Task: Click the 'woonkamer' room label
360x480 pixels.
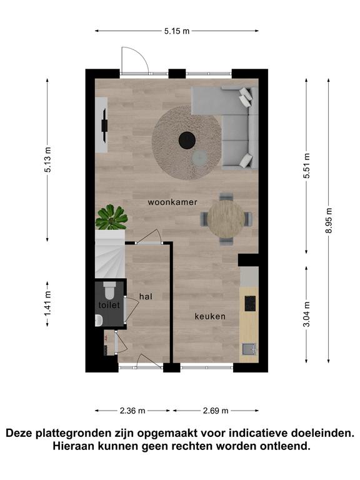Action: click(x=172, y=202)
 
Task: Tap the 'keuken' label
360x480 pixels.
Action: click(x=210, y=316)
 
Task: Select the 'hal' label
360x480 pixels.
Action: click(x=146, y=296)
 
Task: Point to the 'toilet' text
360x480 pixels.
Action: click(x=109, y=305)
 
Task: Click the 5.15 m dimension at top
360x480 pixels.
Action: click(x=177, y=31)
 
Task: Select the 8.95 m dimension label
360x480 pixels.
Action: click(x=329, y=221)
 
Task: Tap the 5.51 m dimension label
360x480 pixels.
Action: click(x=306, y=166)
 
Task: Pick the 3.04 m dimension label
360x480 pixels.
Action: click(x=306, y=314)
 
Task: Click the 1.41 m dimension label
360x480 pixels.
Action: click(x=47, y=304)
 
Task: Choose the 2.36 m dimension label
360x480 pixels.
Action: click(x=132, y=411)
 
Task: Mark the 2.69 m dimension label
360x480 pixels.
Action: click(x=216, y=411)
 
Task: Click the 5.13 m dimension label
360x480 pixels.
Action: click(x=47, y=159)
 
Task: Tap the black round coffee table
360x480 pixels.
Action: click(x=187, y=140)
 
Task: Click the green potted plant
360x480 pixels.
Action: click(x=111, y=217)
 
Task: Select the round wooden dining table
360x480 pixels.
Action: click(x=226, y=219)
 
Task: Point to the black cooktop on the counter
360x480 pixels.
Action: click(x=251, y=303)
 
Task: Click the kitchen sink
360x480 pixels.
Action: click(x=249, y=349)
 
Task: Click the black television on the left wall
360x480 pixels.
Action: click(x=105, y=125)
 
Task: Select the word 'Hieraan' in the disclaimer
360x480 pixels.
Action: click(x=74, y=446)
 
